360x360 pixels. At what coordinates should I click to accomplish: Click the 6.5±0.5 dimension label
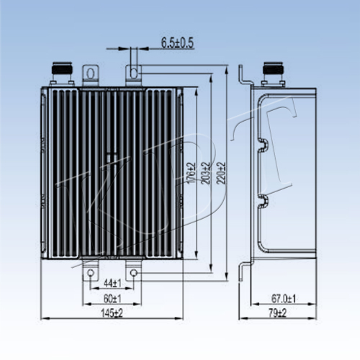coord(177,43)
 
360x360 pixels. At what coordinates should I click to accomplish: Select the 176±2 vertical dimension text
coord(192,174)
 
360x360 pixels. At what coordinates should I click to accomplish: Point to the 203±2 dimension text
coord(206,173)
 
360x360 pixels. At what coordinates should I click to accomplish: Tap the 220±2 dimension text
coord(221,173)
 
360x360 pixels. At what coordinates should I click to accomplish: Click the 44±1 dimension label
coord(112,284)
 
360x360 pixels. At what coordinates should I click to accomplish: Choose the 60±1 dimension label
coord(112,299)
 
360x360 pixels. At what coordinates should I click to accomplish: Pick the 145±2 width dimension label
coord(112,313)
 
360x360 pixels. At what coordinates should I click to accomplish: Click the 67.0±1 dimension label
coord(284,299)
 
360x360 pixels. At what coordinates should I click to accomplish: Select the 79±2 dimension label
coord(278,313)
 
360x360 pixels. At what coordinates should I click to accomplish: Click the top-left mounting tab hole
coord(91,73)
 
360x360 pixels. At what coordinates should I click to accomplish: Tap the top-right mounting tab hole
coord(134,73)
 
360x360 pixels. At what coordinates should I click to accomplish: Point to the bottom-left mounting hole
coord(90,273)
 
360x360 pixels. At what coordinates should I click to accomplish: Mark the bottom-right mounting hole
coord(133,273)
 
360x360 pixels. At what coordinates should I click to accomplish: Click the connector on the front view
coord(62,73)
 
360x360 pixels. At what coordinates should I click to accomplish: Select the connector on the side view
coord(274,74)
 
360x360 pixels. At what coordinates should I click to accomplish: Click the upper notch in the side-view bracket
coord(264,145)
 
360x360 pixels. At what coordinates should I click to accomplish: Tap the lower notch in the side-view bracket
coord(264,201)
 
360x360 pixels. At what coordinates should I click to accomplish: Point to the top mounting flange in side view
coord(245,76)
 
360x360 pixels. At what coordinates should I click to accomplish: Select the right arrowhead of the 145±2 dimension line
coord(179,318)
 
